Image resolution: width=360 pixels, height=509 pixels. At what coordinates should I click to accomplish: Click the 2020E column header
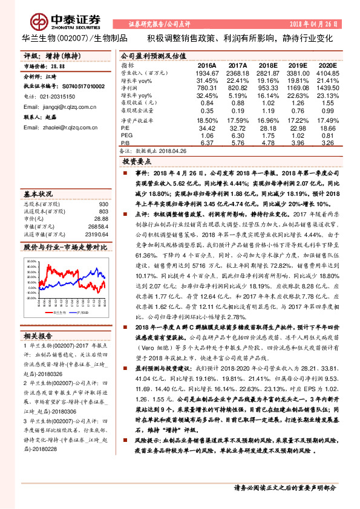click(x=327, y=65)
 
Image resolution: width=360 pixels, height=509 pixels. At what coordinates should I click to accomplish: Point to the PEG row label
click(x=127, y=136)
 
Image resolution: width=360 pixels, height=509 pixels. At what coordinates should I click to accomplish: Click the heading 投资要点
click(x=136, y=162)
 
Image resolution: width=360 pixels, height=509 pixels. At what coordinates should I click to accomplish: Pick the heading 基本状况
click(x=38, y=195)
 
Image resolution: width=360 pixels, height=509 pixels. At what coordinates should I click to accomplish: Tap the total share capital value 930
click(x=102, y=204)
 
